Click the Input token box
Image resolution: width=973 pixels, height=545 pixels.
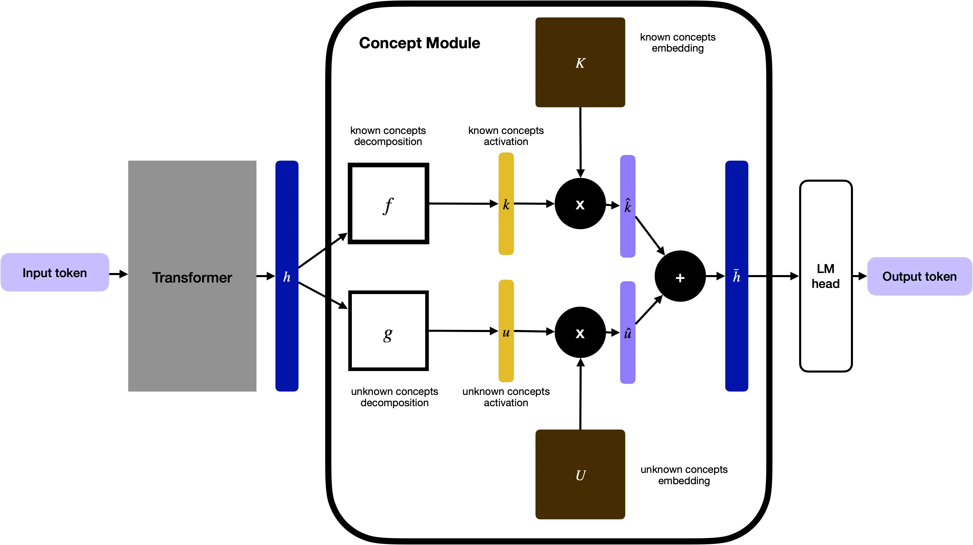(55, 272)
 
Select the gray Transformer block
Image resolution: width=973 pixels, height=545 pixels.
(192, 276)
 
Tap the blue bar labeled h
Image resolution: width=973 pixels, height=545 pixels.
(287, 276)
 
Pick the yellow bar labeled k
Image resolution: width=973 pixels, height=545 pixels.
(507, 204)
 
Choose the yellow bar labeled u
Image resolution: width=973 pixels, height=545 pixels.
(507, 332)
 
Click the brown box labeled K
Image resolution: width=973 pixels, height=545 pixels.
(580, 62)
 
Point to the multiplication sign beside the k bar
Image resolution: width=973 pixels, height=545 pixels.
(580, 205)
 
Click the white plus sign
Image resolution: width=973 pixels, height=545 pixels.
(680, 278)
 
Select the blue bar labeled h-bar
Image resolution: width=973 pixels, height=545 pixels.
(737, 276)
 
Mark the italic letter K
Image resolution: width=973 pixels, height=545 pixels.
(580, 63)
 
